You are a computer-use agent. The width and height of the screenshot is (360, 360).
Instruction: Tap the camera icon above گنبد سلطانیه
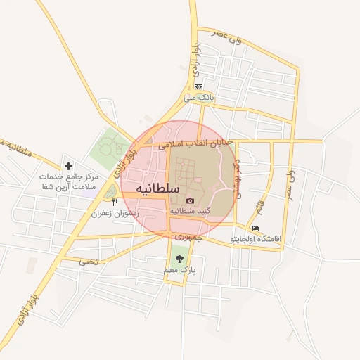pyautogui.click(x=190, y=200)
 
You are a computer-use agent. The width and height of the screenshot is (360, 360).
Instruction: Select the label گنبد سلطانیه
pyautogui.click(x=191, y=210)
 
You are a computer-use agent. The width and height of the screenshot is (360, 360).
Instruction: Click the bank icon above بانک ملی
pyautogui.click(x=198, y=87)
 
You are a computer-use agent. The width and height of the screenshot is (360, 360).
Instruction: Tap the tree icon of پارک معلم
pyautogui.click(x=179, y=259)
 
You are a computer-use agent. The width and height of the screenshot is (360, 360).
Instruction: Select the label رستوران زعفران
pyautogui.click(x=115, y=212)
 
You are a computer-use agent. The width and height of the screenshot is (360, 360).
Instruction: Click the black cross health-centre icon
pyautogui.click(x=69, y=166)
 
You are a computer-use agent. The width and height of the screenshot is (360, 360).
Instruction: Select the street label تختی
pyautogui.click(x=88, y=262)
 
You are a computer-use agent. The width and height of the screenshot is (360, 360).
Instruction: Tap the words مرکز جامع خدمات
pyautogui.click(x=69, y=176)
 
